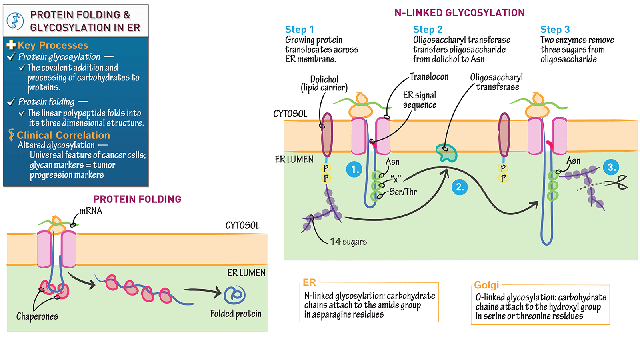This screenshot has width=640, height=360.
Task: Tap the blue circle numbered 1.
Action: (x=354, y=169)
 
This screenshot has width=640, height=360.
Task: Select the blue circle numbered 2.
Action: (x=460, y=187)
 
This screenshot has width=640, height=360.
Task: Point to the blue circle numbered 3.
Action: (x=611, y=167)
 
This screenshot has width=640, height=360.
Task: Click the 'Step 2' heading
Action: (x=428, y=30)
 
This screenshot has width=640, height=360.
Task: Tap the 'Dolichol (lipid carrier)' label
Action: (x=324, y=84)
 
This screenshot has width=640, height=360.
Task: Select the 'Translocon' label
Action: (x=429, y=76)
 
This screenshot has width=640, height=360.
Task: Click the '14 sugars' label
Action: (x=348, y=242)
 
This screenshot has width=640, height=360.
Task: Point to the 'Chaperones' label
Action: (x=37, y=316)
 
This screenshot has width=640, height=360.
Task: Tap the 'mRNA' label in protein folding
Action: (x=90, y=211)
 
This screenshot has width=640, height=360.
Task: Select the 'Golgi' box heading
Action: (x=486, y=285)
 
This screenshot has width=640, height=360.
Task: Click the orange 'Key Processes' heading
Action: (x=52, y=45)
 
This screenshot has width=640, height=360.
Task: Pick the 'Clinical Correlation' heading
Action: (x=63, y=135)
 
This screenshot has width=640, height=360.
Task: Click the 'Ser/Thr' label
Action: (x=403, y=192)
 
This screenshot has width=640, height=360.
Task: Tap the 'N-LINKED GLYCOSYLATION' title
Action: (x=459, y=13)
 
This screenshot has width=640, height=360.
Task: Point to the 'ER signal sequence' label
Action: (x=419, y=100)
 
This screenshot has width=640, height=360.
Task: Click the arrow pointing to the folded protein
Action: (x=202, y=292)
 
